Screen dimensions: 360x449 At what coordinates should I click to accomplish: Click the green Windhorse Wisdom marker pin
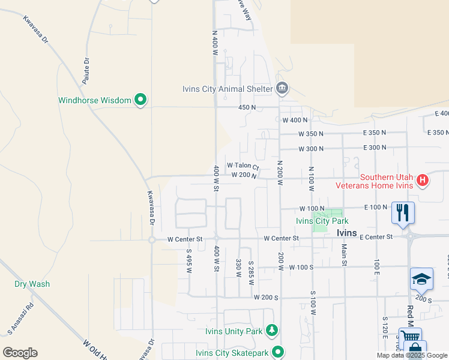141,100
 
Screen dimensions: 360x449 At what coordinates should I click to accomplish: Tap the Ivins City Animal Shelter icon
282,89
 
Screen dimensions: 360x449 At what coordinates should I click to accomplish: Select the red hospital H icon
423,180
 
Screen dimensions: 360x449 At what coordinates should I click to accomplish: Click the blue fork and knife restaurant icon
403,212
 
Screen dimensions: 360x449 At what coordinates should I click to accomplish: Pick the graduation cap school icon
421,278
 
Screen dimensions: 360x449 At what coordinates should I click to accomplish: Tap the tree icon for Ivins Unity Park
272,331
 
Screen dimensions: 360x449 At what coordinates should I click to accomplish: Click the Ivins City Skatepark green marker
277,352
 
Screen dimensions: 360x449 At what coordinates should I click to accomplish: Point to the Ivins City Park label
322,221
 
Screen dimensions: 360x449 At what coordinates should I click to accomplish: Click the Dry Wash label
32,284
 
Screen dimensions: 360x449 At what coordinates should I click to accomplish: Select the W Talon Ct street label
243,166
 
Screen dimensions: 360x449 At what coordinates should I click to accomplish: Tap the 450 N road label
247,107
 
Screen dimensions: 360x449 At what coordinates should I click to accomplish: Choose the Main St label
345,253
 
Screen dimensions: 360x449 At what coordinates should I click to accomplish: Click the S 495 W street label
188,262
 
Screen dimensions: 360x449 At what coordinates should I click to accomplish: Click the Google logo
20,353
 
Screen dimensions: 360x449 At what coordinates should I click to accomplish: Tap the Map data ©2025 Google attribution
412,356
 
